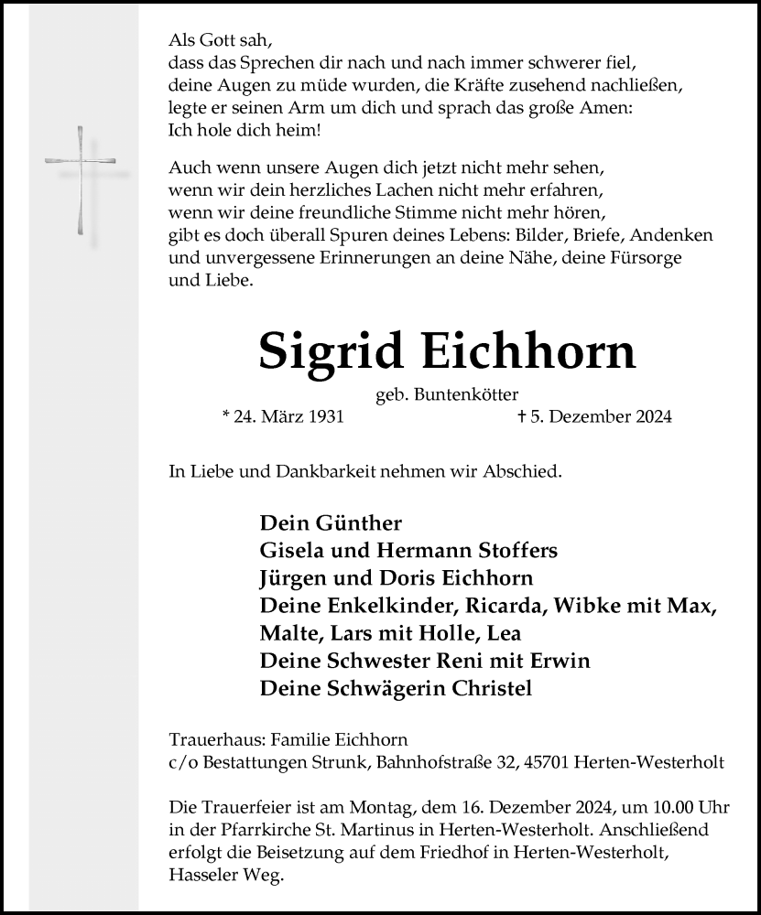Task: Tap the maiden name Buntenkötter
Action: [466, 393]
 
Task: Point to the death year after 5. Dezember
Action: [652, 417]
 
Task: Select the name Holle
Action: [450, 633]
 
